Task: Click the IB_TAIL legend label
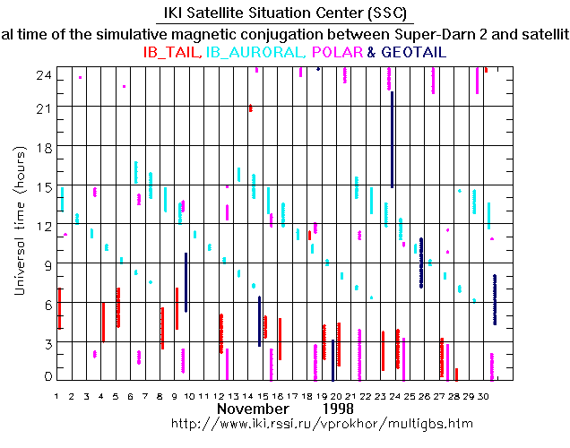point(173,53)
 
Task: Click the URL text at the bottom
point(310,422)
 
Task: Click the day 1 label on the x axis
point(56,395)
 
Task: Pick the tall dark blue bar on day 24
point(393,139)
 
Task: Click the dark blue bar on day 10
point(186,282)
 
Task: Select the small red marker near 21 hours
point(250,108)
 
